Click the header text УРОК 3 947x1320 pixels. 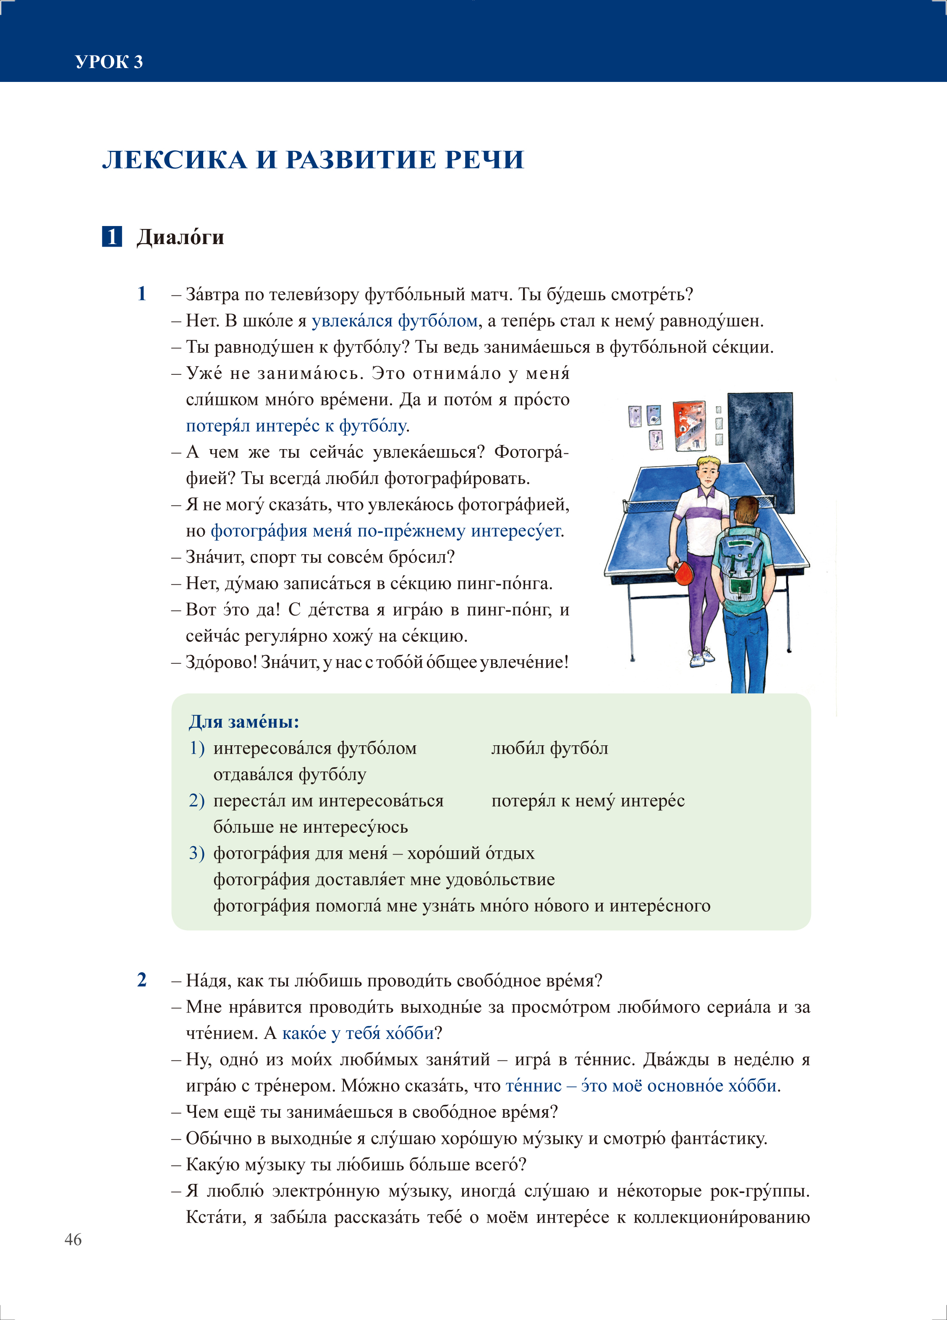coord(109,62)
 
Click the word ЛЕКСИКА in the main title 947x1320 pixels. coord(175,160)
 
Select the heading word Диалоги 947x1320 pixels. coord(181,237)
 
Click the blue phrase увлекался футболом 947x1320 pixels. coord(395,321)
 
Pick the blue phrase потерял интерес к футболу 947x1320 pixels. coord(296,426)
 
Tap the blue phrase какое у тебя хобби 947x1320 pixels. coord(358,1033)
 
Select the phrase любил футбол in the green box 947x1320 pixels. coord(550,749)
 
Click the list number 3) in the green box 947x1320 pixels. coord(196,853)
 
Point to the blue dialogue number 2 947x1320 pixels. coord(142,980)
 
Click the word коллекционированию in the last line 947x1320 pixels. coord(721,1217)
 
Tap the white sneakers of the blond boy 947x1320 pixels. coord(701,658)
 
